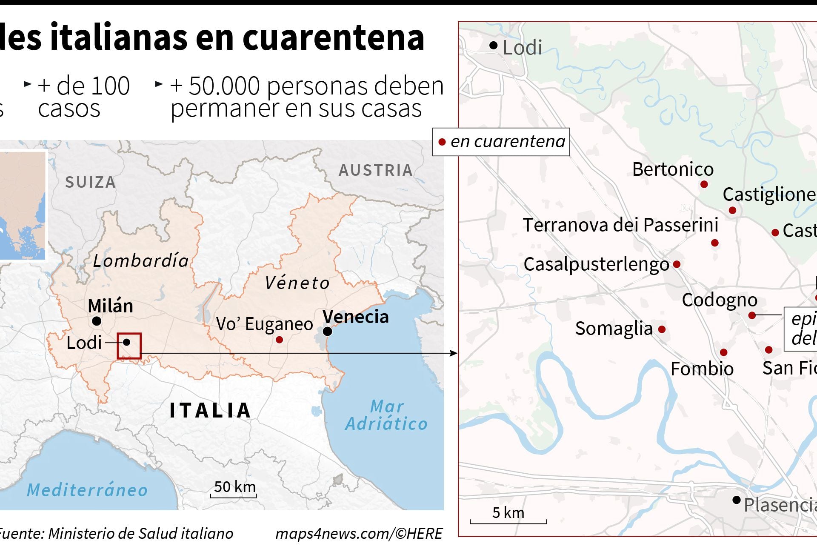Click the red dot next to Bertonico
coord(704,184)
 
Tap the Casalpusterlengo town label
coord(596,264)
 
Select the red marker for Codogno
coord(752,315)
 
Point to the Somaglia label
coord(614,329)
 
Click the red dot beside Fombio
coord(723,352)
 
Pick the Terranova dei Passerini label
coord(620,225)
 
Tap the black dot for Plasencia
coord(737,500)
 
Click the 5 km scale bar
coord(508,521)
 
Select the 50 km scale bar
coord(234,495)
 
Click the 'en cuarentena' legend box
coord(501,142)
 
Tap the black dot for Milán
coord(97,321)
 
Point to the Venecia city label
coord(355,317)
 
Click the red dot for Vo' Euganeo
coord(279,340)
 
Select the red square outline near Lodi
coord(129,346)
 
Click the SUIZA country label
coord(90,182)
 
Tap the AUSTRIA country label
coord(376,170)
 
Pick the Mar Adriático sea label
coord(386,415)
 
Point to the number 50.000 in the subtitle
coord(224,86)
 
